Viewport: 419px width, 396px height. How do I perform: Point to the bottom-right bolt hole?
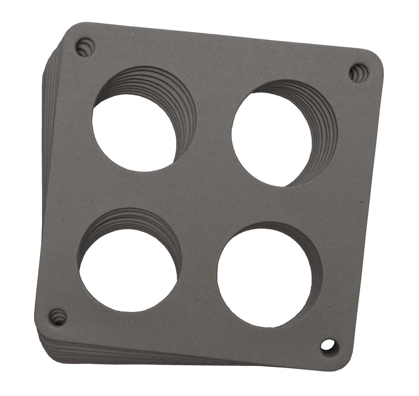[328, 345]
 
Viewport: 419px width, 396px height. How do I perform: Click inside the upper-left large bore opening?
[133, 136]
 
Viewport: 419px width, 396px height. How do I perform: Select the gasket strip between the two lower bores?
[197, 279]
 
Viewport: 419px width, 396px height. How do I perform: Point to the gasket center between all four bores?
[203, 197]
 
